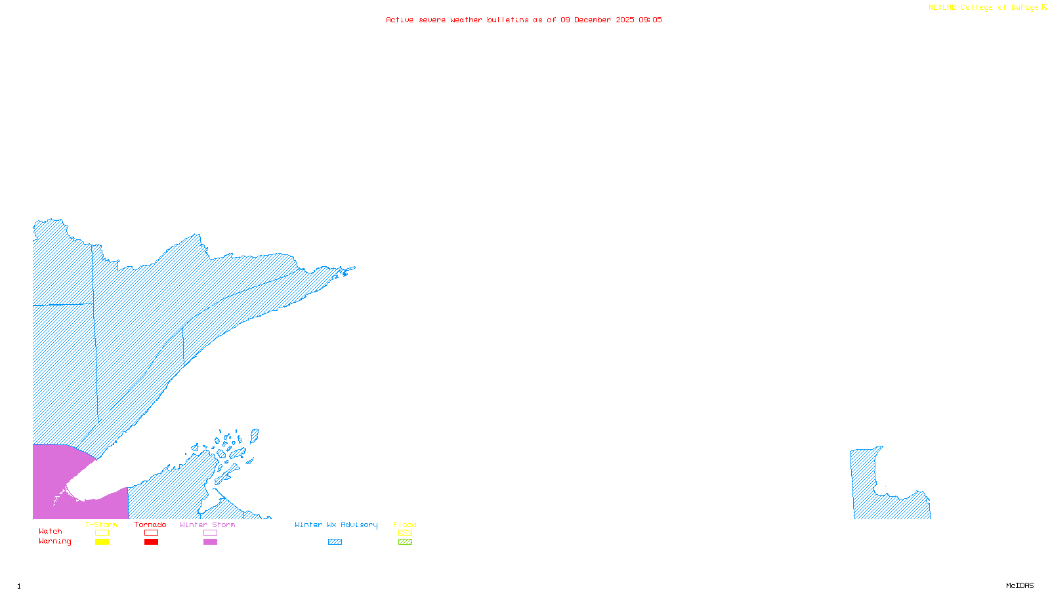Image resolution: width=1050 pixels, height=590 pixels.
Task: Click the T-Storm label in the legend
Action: pos(101,524)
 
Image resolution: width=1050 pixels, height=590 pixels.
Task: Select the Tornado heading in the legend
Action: pos(150,524)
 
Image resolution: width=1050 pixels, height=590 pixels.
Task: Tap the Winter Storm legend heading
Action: pos(207,524)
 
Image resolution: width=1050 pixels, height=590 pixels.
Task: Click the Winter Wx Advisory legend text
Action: pos(336,524)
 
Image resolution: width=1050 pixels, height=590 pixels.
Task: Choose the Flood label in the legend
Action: pos(405,524)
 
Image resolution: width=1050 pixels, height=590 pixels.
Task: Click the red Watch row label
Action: pos(51,532)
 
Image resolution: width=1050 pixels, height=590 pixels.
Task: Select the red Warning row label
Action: pos(54,541)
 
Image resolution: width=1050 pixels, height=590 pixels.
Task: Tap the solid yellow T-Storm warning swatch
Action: pos(102,542)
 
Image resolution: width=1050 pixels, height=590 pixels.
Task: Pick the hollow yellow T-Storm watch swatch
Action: pos(102,533)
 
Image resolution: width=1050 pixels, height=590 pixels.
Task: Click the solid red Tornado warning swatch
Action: pos(152,542)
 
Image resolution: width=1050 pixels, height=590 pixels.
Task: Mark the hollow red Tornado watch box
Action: pos(152,533)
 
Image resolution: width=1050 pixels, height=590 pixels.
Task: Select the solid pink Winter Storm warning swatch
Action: pos(210,542)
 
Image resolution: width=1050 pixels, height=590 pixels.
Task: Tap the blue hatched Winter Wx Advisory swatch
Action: pos(335,542)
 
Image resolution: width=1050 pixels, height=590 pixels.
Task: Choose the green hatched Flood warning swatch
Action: pos(406,542)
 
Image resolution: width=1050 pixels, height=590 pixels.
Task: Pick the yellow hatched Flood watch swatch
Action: pos(406,533)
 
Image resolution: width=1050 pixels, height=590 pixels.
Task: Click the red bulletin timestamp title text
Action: pos(524,20)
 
